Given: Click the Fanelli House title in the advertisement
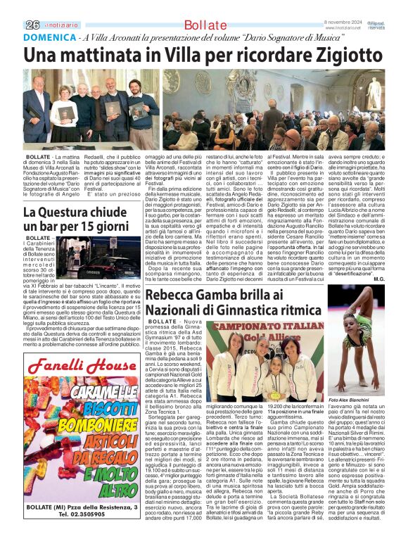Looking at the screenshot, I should pos(82,366).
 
